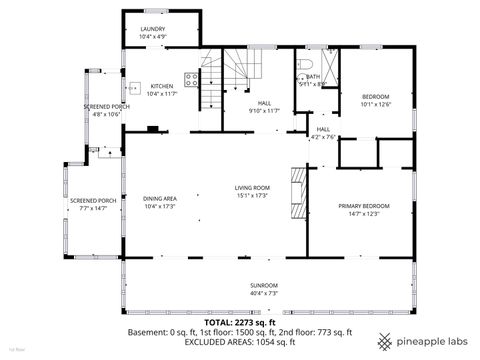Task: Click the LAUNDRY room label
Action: click(x=153, y=30)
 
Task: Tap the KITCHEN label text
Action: click(x=162, y=86)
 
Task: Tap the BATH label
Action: click(x=313, y=76)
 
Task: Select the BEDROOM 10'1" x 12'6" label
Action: click(x=376, y=96)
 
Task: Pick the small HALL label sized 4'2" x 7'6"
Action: click(x=323, y=129)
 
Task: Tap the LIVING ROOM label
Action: click(x=252, y=187)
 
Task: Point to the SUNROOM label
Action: click(x=264, y=285)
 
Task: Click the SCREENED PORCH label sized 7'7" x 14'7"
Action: click(x=92, y=201)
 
